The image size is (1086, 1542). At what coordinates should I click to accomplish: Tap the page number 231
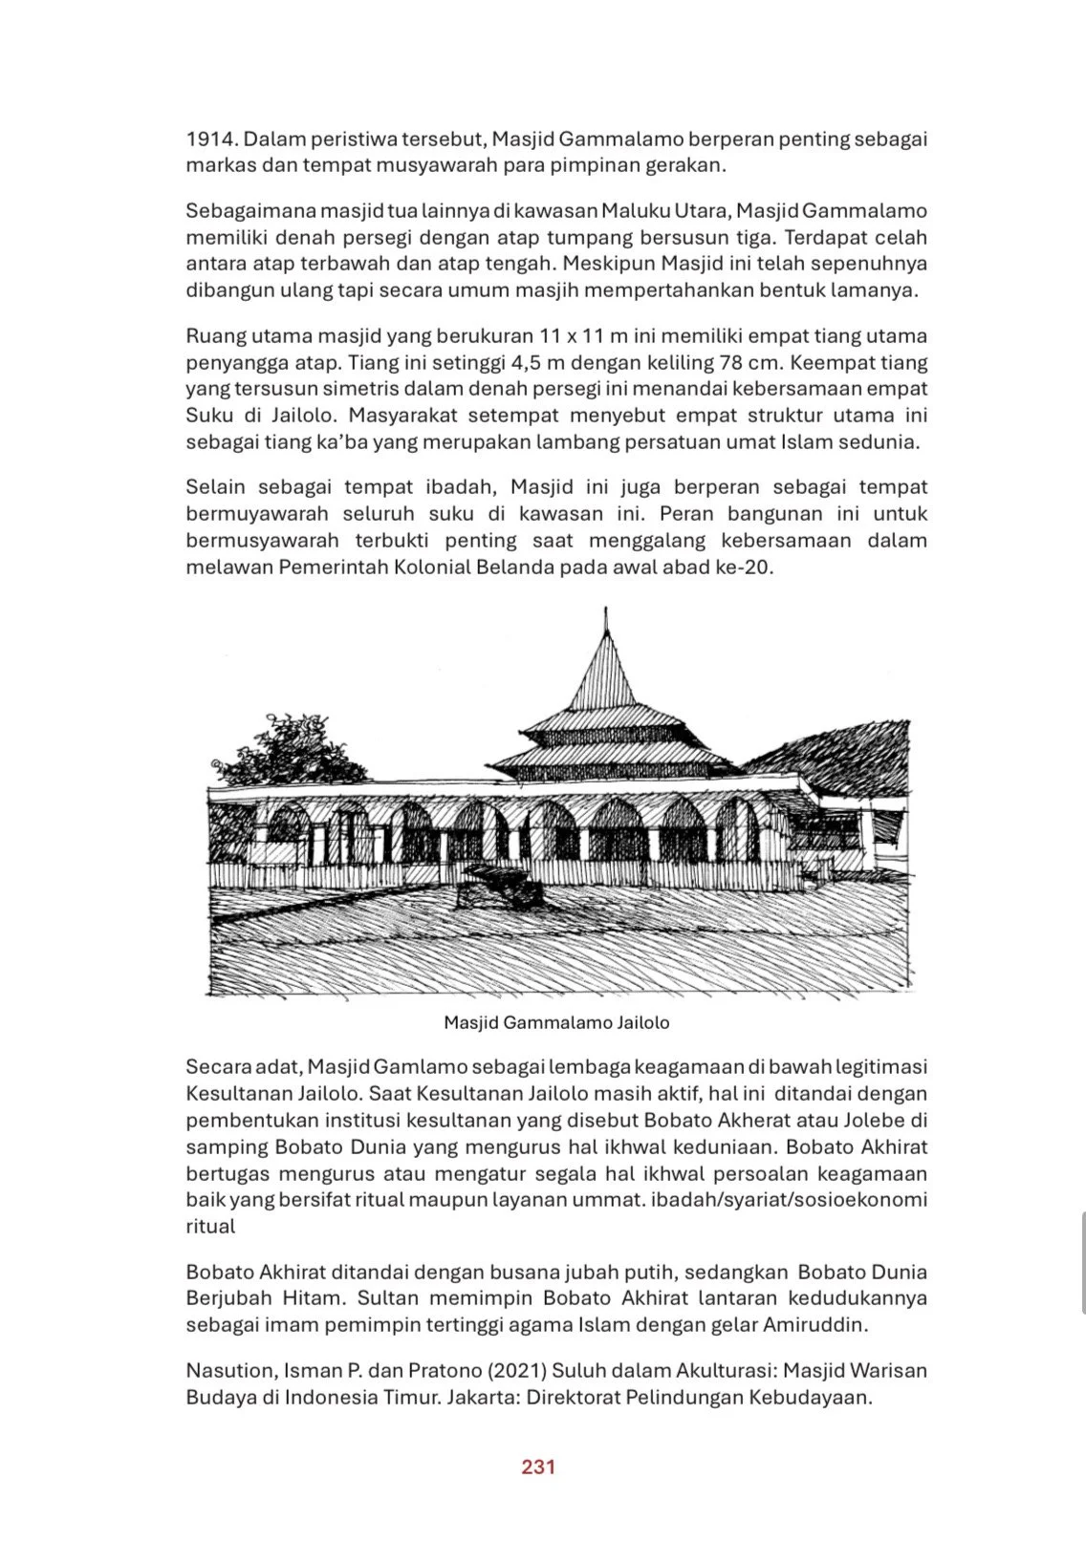[x=538, y=1467]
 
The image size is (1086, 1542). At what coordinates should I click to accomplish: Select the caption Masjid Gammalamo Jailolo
[x=556, y=1022]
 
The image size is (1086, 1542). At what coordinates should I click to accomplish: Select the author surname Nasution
[x=229, y=1371]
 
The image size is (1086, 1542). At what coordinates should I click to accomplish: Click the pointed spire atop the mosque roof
[x=605, y=631]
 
